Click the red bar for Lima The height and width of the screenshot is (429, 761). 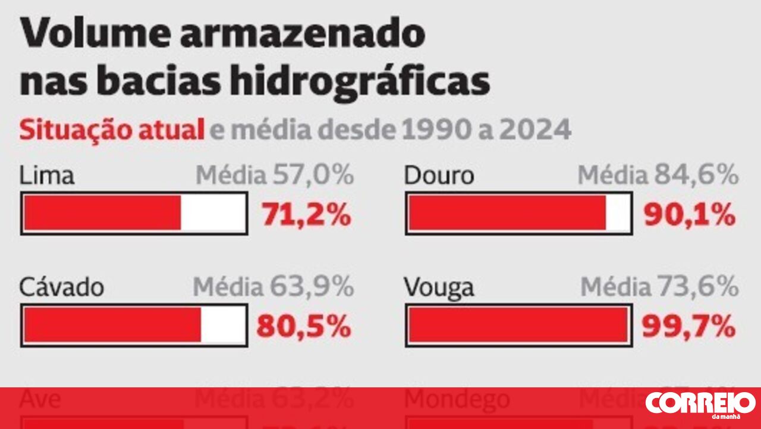click(x=102, y=213)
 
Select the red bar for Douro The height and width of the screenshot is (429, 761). click(x=507, y=213)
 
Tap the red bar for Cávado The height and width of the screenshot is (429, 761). click(x=112, y=325)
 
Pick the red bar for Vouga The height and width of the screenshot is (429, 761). click(x=517, y=325)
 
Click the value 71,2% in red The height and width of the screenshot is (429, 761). click(x=307, y=215)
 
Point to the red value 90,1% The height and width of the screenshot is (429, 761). click(x=690, y=215)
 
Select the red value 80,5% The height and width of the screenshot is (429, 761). click(x=304, y=326)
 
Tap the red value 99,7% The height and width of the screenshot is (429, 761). click(x=688, y=326)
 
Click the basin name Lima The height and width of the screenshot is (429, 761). click(x=47, y=176)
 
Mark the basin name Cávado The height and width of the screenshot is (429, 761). click(x=62, y=287)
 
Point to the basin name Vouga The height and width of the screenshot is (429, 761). click(x=439, y=288)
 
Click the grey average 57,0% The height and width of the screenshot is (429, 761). click(x=313, y=176)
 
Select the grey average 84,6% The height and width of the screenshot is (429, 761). click(x=697, y=176)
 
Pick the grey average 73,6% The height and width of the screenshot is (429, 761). click(x=696, y=287)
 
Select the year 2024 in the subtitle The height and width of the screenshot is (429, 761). click(x=535, y=130)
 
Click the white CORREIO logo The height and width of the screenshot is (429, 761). click(x=700, y=403)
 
